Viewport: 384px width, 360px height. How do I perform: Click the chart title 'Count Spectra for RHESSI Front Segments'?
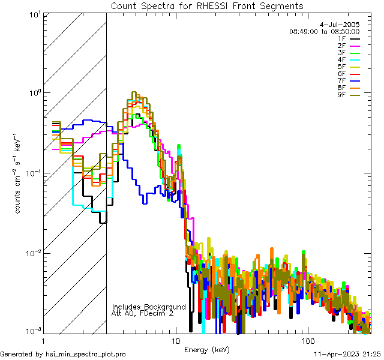(207, 5)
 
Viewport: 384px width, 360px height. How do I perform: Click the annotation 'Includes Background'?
(149, 307)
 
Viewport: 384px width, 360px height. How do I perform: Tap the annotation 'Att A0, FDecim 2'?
(143, 313)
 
